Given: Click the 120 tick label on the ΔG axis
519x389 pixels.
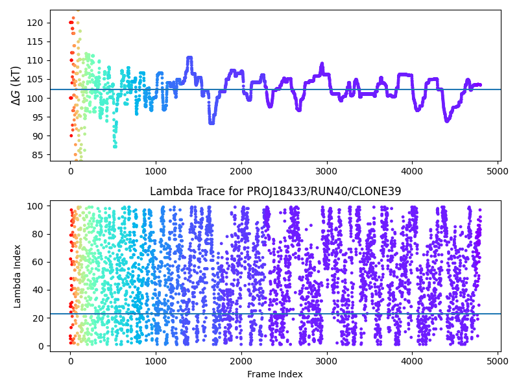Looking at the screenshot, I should [x=36, y=23].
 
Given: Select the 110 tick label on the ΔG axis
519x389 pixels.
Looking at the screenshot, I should [x=36, y=60].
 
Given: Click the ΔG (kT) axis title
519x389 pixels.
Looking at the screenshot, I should [x=16, y=85].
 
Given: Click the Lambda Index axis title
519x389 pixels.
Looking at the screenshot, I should [x=17, y=276].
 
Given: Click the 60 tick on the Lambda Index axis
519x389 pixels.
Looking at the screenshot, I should [x=38, y=262].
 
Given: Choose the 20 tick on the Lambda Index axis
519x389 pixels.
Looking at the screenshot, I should [x=38, y=318].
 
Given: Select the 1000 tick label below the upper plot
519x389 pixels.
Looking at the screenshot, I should [x=156, y=171].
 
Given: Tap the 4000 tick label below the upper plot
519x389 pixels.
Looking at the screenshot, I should [x=412, y=171].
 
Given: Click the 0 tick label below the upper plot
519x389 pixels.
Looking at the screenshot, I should [x=70, y=171].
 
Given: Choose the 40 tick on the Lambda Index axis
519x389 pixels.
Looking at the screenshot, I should [x=38, y=290].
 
